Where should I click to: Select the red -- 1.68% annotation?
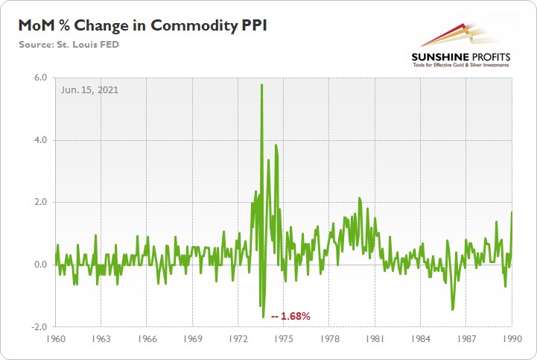point(290,316)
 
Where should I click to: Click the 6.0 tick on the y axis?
point(40,78)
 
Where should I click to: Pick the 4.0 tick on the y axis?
point(40,140)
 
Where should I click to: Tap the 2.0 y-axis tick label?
point(40,202)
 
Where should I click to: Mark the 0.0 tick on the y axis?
point(40,265)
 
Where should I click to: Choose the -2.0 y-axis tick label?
point(39,327)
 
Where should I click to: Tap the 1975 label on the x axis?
point(283,337)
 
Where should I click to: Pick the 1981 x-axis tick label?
point(375,337)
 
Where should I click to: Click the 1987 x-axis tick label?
point(466,337)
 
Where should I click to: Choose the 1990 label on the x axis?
point(511,337)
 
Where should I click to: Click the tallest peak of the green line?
point(261,85)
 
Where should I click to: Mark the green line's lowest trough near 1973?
point(264,317)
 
